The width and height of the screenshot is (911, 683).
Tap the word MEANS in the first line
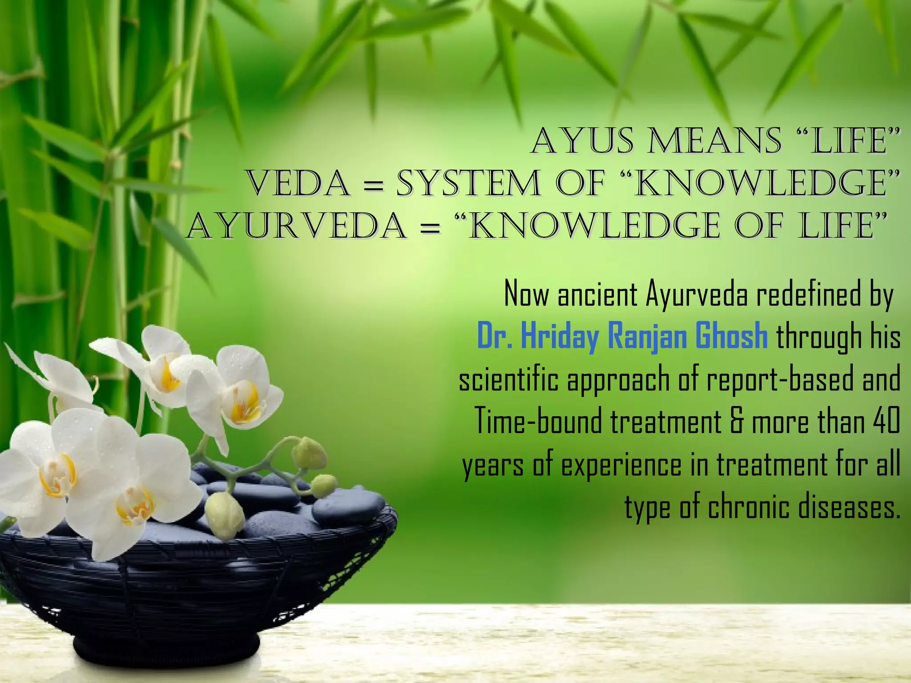[714, 141]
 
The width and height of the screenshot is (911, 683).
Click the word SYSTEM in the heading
[468, 184]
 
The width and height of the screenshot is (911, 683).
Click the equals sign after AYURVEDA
[430, 229]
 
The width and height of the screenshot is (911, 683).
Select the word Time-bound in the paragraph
[539, 421]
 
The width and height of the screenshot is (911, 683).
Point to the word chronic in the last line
[750, 507]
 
